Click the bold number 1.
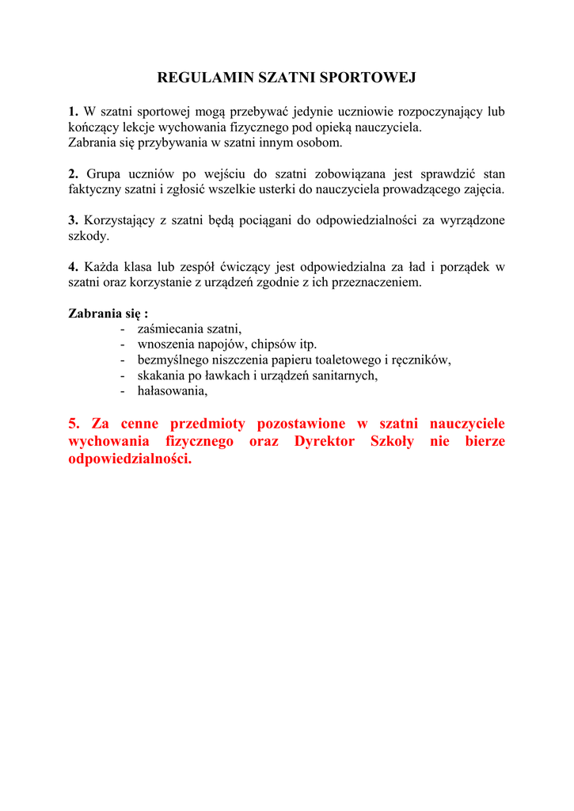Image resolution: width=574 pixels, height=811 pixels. [73, 112]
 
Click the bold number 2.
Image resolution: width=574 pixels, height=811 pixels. [73, 173]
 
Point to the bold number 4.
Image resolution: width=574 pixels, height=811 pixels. [73, 267]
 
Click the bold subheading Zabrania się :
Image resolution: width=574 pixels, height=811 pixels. [108, 313]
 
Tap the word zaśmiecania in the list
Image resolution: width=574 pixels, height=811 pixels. [170, 329]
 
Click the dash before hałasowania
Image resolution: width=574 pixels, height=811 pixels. [123, 390]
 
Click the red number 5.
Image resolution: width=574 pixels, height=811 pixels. [74, 424]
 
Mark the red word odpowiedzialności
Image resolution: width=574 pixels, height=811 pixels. [130, 459]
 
